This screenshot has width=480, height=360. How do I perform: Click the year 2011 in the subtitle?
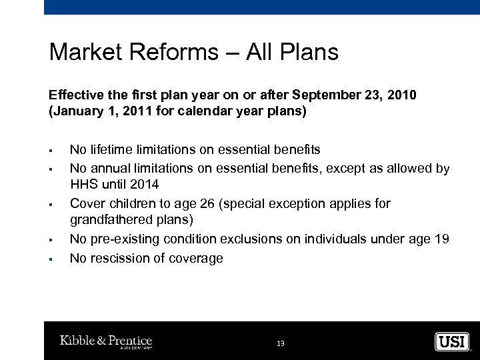[125, 111]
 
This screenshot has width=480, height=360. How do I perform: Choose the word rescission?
[119, 257]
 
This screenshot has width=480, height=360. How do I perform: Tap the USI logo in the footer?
[452, 342]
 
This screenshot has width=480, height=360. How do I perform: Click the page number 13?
[281, 343]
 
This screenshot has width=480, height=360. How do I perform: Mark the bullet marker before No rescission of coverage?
[51, 258]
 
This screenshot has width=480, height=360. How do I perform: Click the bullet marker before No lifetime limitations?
[51, 150]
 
